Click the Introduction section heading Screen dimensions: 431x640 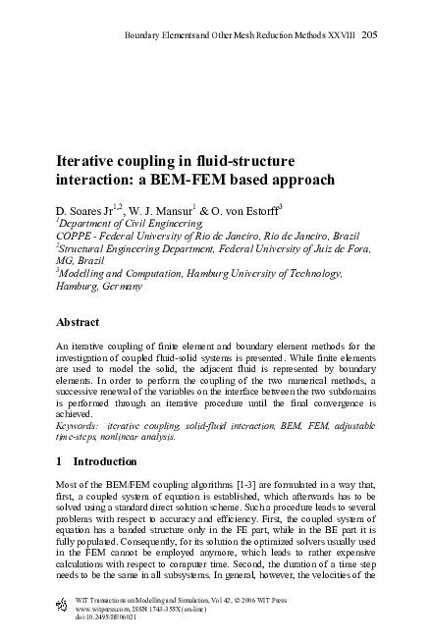[x=110, y=461]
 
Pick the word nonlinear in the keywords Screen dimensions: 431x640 [x=151, y=442]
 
